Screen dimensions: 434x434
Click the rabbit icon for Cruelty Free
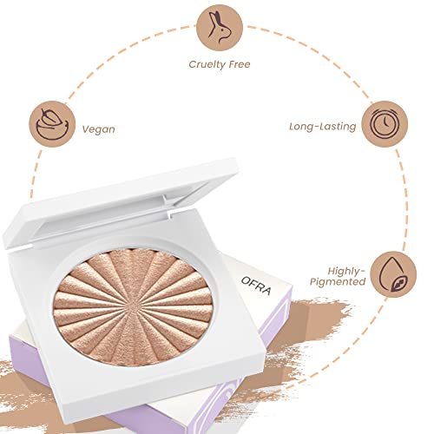pos(220,28)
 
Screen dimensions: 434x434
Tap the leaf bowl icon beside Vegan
pos(52,124)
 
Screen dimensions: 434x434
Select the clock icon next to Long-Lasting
pos(385,124)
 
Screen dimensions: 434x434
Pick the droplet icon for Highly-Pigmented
pos(393,274)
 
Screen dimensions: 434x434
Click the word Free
pos(239,64)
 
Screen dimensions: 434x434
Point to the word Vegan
pos(99,129)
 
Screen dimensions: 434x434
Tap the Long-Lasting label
pos(323,127)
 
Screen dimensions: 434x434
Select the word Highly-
pos(346,272)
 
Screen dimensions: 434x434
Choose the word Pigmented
pos(338,282)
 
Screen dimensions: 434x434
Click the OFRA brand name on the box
pos(256,286)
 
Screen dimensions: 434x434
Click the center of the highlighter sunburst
pos(133,306)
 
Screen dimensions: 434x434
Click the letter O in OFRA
pos(246,280)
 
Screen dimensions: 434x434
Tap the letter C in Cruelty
pos(193,64)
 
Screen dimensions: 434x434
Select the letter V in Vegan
pos(86,128)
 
